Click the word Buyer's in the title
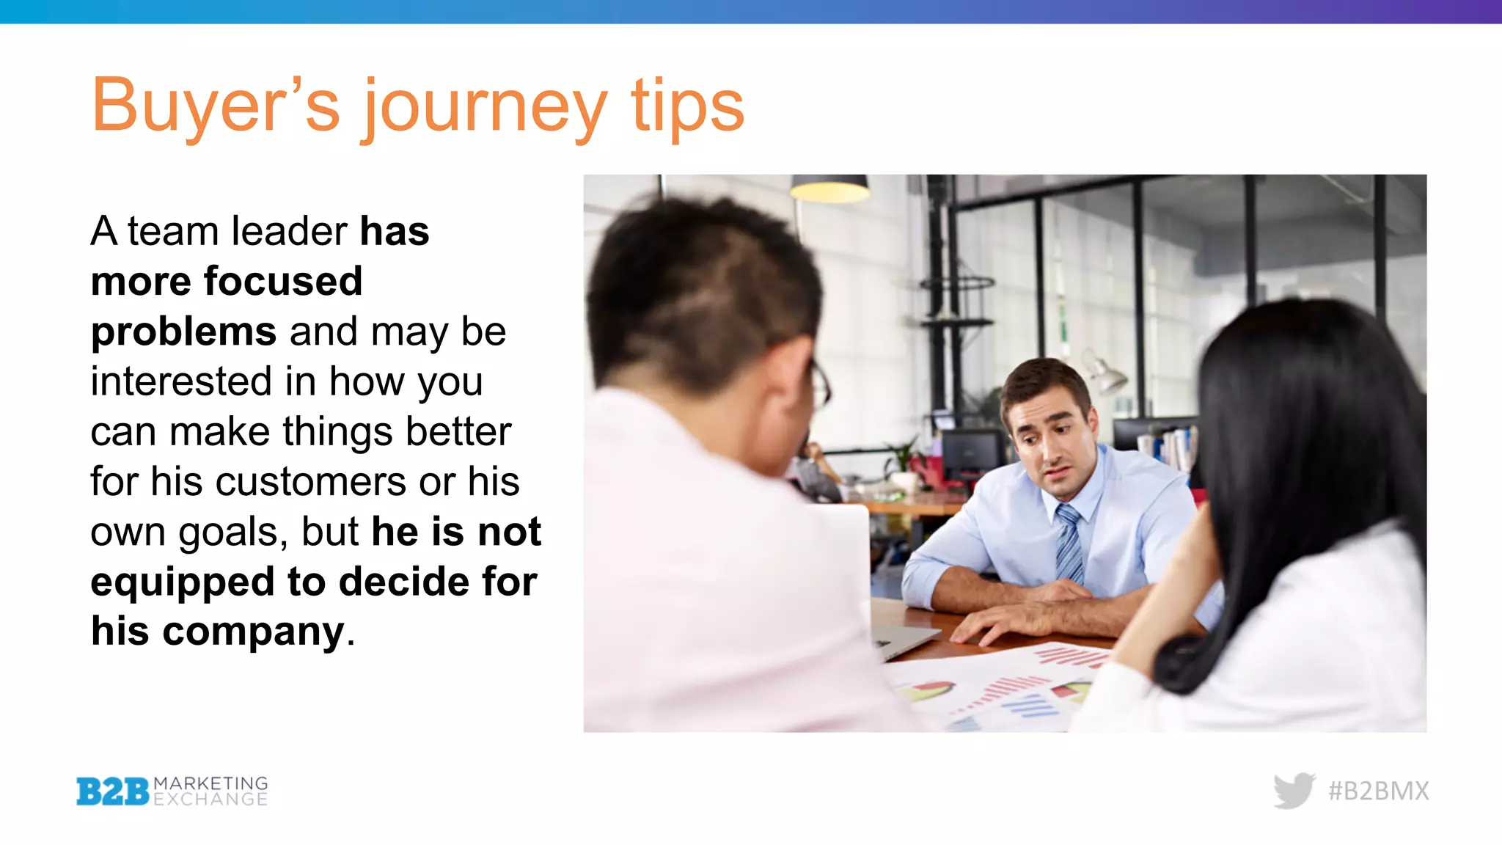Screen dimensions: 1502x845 point(215,106)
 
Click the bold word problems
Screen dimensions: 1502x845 point(183,332)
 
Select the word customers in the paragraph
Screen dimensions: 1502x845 point(311,483)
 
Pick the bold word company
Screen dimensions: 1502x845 point(253,632)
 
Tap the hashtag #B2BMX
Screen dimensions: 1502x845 point(1378,791)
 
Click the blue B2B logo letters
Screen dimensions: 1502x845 point(113,791)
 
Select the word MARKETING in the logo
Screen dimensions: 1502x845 point(210,783)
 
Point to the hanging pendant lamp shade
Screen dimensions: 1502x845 point(829,189)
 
